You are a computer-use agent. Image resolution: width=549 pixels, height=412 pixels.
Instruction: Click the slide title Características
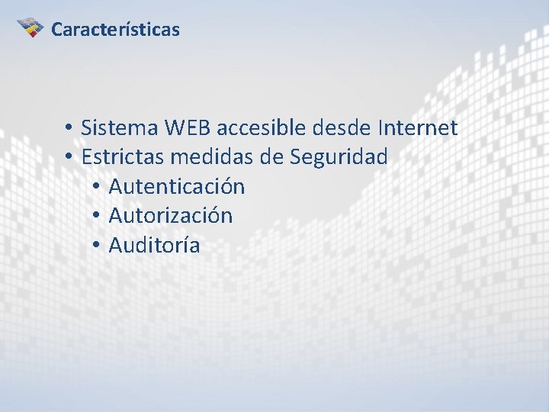(115, 30)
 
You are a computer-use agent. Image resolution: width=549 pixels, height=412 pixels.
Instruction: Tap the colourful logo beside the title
(30, 27)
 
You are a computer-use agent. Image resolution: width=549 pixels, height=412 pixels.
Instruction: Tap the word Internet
(418, 127)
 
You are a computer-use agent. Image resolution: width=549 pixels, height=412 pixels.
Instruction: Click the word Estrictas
(122, 157)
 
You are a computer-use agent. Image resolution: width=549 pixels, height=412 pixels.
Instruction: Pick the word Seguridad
(339, 157)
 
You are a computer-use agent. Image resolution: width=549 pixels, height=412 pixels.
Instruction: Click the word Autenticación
(177, 186)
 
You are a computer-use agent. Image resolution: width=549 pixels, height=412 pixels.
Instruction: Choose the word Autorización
(171, 216)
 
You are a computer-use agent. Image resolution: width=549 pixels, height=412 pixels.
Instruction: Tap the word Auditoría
(155, 246)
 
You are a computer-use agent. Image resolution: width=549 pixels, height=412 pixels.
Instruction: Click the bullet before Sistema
(69, 128)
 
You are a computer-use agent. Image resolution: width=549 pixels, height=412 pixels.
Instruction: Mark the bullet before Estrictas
(69, 158)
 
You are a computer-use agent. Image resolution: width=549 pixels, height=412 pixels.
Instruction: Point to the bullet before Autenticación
(96, 187)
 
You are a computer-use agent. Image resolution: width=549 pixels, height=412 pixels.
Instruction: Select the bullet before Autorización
(96, 217)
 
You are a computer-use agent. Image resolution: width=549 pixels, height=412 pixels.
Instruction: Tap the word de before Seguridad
(271, 157)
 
